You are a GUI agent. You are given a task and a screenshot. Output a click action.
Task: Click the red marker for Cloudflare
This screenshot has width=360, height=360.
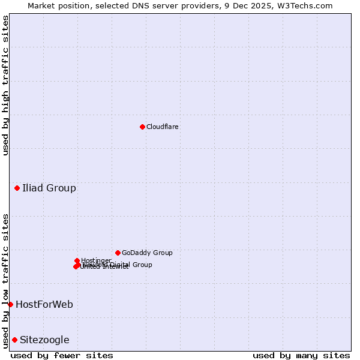[x=142, y=127]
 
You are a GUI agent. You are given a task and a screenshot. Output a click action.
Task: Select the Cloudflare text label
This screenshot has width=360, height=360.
[x=163, y=127]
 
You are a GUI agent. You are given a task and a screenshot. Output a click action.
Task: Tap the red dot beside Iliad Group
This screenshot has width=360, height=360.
[x=17, y=188]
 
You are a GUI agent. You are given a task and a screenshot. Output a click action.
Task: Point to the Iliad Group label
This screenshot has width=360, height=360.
[x=49, y=188]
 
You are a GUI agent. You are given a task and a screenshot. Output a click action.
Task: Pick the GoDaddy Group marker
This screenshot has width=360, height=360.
[x=118, y=253]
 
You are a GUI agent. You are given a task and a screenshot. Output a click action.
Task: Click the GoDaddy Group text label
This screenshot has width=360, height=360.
[x=147, y=253]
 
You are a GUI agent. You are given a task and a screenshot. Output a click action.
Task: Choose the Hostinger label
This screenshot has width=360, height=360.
[x=97, y=260]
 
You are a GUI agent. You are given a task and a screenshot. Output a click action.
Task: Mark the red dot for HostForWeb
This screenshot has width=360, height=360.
[x=10, y=304]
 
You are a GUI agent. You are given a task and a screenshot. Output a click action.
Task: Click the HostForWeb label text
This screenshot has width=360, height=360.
[x=44, y=304]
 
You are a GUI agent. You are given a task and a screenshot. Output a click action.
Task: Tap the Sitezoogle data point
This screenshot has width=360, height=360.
[x=14, y=340]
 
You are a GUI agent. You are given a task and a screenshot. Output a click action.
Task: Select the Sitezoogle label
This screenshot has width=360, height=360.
[x=44, y=340]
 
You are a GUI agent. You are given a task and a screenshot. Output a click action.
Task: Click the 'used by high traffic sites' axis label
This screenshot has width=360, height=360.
[x=5, y=85]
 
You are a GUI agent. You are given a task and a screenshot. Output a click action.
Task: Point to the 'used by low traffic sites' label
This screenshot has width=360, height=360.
[x=5, y=280]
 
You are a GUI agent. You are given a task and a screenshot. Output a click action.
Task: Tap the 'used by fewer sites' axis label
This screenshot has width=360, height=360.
[x=62, y=355]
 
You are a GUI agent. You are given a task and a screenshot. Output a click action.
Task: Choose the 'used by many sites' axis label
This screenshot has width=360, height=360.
[x=301, y=355]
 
